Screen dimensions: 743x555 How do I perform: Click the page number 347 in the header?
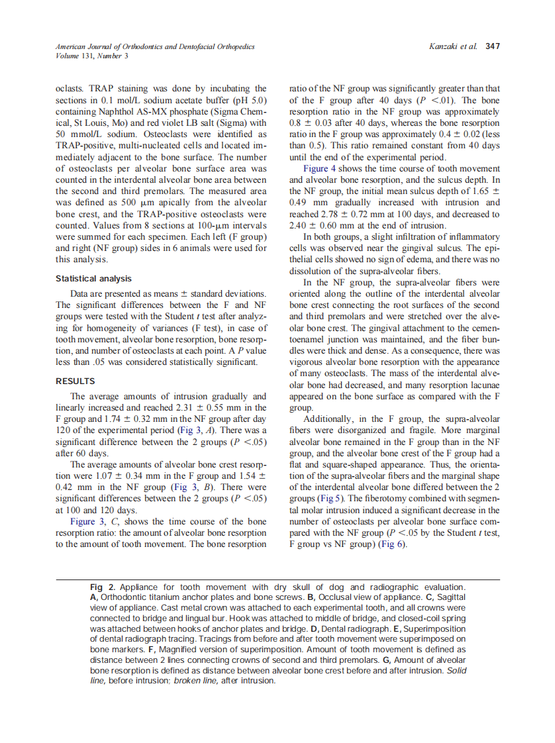492,47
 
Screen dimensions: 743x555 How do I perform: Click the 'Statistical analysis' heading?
93,279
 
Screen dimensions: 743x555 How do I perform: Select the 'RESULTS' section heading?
75,381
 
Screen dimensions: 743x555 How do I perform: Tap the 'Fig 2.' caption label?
103,587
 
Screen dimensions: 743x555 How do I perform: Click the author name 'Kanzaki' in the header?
444,47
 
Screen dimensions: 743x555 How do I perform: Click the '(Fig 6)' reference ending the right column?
392,545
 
